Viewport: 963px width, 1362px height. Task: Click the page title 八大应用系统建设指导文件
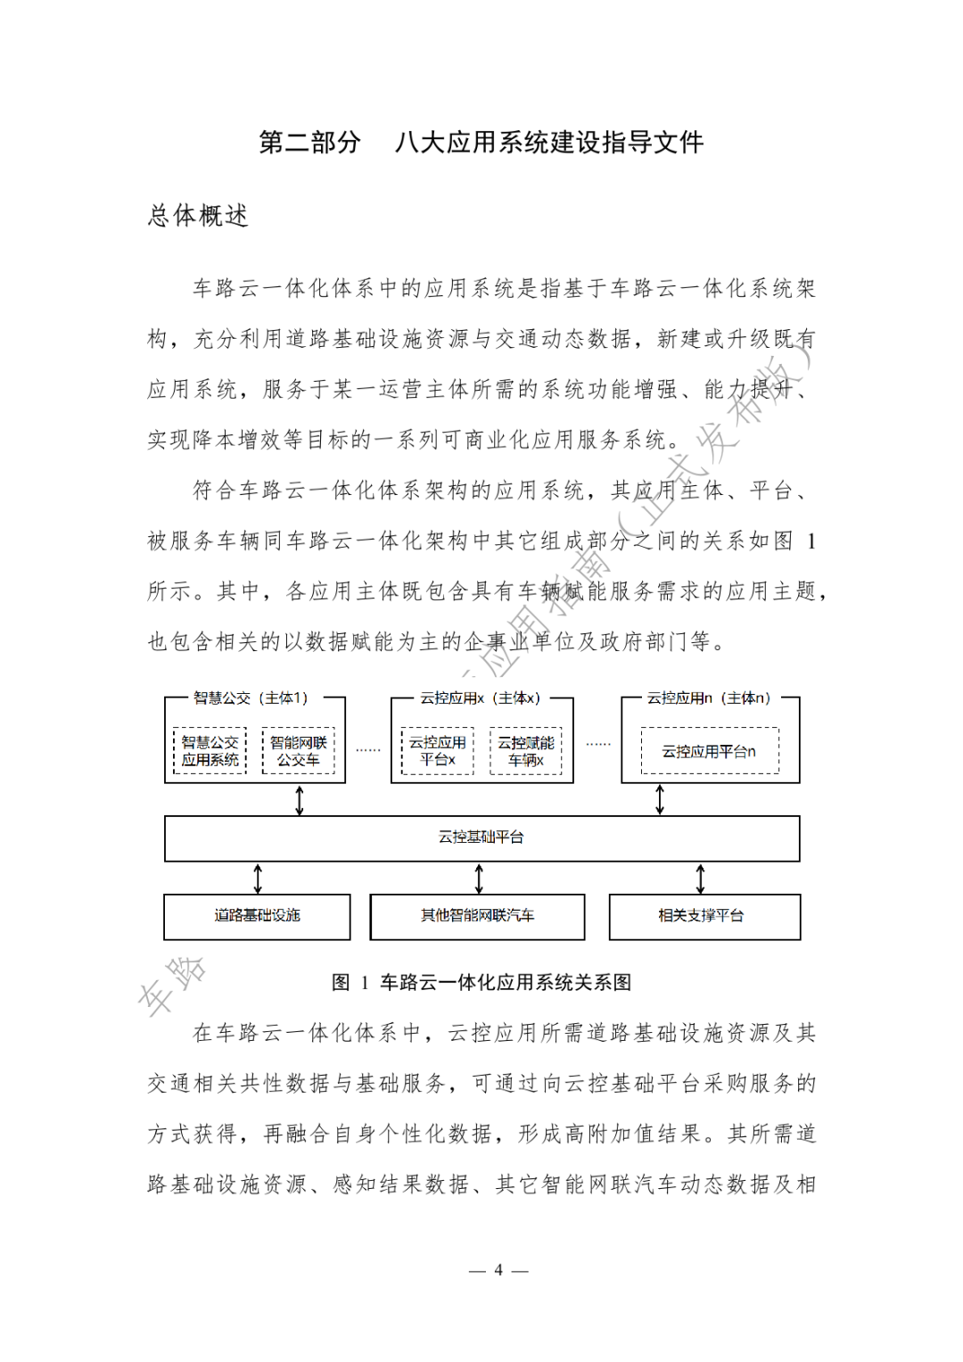pos(549,143)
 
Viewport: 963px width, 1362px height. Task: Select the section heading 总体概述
pos(198,216)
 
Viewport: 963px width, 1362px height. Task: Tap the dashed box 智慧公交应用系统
pos(210,751)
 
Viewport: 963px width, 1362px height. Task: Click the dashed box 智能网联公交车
pos(298,751)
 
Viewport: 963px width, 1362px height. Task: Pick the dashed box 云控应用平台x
pos(437,751)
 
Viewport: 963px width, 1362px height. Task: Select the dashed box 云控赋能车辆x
pos(526,751)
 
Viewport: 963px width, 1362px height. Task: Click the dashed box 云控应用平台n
pos(709,751)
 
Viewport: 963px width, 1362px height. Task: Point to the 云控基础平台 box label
pos(481,837)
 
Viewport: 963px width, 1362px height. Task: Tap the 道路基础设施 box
pos(257,916)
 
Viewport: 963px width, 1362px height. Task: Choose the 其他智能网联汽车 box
pos(478,916)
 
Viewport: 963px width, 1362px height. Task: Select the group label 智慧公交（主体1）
pos(251,698)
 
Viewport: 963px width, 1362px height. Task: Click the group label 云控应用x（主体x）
pos(481,698)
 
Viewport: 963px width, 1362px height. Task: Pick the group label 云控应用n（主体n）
pos(709,698)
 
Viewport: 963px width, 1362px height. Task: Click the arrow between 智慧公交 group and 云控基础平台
pos(300,799)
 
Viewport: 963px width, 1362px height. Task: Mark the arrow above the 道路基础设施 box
pos(258,879)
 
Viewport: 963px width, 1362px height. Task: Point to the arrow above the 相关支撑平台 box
pos(700,879)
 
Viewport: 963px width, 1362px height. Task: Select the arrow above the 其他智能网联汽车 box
pos(479,879)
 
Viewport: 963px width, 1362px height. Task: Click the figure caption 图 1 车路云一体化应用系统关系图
pos(481,982)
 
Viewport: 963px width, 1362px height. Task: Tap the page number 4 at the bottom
pos(498,1269)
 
